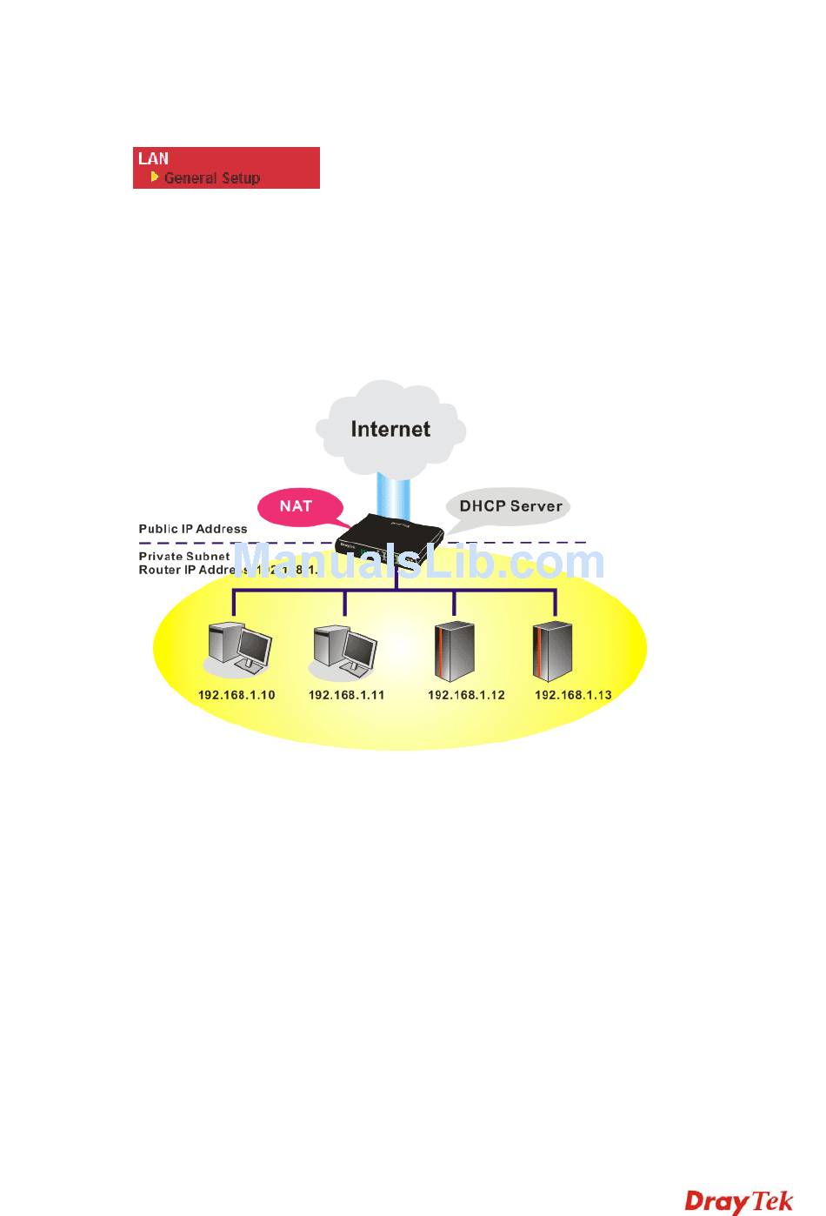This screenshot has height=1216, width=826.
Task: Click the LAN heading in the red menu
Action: (154, 158)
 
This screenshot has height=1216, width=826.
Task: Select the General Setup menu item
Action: (212, 178)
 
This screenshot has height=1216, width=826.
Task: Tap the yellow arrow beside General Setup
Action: (155, 177)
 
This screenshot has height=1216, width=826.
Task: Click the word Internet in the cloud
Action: (390, 429)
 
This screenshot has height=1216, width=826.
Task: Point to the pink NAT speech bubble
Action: (296, 505)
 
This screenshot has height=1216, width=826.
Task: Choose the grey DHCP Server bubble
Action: (510, 506)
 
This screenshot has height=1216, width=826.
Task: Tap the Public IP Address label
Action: (193, 529)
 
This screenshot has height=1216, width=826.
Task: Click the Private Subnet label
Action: (184, 556)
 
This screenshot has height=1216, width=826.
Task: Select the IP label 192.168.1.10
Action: (236, 695)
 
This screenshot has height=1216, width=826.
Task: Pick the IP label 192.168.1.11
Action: (346, 695)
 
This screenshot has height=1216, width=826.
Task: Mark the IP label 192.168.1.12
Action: (466, 695)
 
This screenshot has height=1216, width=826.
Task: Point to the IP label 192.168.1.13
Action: (573, 695)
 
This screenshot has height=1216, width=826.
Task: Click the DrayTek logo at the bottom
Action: (739, 1201)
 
